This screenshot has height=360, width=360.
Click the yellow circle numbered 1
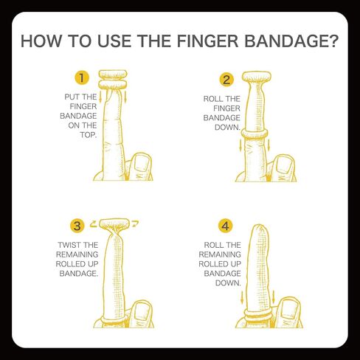pyautogui.click(x=82, y=77)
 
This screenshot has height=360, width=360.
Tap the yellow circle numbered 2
pyautogui.click(x=226, y=80)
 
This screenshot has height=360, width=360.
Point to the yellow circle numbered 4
pyautogui.click(x=226, y=225)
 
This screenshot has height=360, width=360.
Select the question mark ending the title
pyautogui.click(x=332, y=41)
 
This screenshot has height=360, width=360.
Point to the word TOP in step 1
pyautogui.click(x=77, y=135)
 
